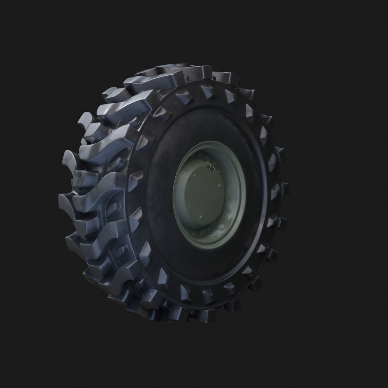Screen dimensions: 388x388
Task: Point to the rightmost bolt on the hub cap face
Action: pyautogui.click(x=220, y=186)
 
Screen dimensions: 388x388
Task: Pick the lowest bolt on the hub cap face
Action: pyautogui.click(x=201, y=218)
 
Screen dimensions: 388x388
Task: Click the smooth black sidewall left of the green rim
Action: pyautogui.click(x=158, y=201)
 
